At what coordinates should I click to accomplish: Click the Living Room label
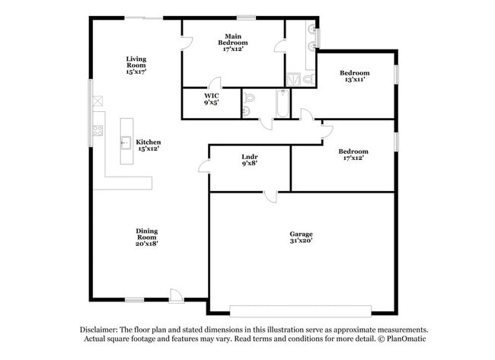pyautogui.click(x=136, y=65)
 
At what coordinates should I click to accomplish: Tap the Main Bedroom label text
pyautogui.click(x=232, y=40)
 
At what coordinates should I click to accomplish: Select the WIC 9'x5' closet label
pyautogui.click(x=211, y=99)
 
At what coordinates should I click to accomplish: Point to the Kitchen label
pyautogui.click(x=148, y=145)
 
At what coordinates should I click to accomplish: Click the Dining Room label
pyautogui.click(x=147, y=237)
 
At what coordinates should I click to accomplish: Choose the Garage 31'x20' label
pyautogui.click(x=301, y=237)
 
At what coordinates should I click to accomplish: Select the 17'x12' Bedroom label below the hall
pyautogui.click(x=353, y=155)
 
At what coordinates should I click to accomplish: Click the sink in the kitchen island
pyautogui.click(x=126, y=141)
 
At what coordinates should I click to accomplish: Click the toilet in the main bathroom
pyautogui.click(x=308, y=78)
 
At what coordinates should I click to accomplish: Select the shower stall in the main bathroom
pyautogui.click(x=293, y=78)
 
